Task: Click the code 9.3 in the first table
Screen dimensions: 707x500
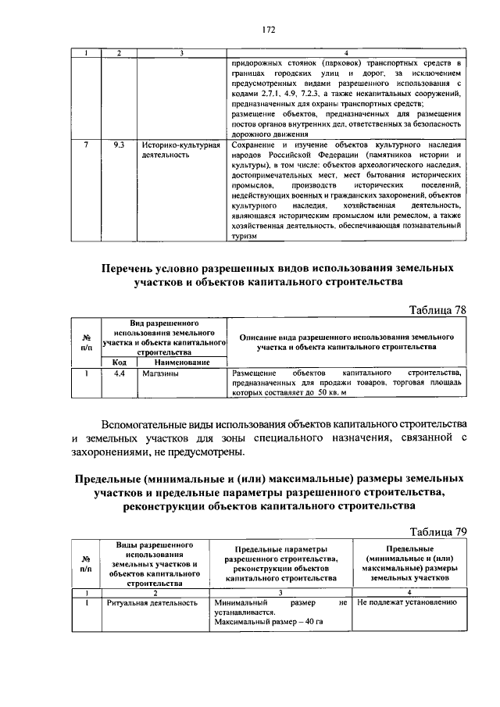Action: click(x=119, y=145)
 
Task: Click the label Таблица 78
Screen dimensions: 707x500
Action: click(x=437, y=309)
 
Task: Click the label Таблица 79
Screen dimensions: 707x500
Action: click(x=437, y=532)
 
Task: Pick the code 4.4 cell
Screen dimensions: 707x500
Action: click(x=119, y=374)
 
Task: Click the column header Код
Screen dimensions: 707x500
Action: click(x=119, y=362)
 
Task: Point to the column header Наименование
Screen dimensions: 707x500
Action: click(x=181, y=362)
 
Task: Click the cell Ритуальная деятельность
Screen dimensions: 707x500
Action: click(x=151, y=603)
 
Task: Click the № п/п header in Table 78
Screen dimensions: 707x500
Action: click(x=86, y=341)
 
